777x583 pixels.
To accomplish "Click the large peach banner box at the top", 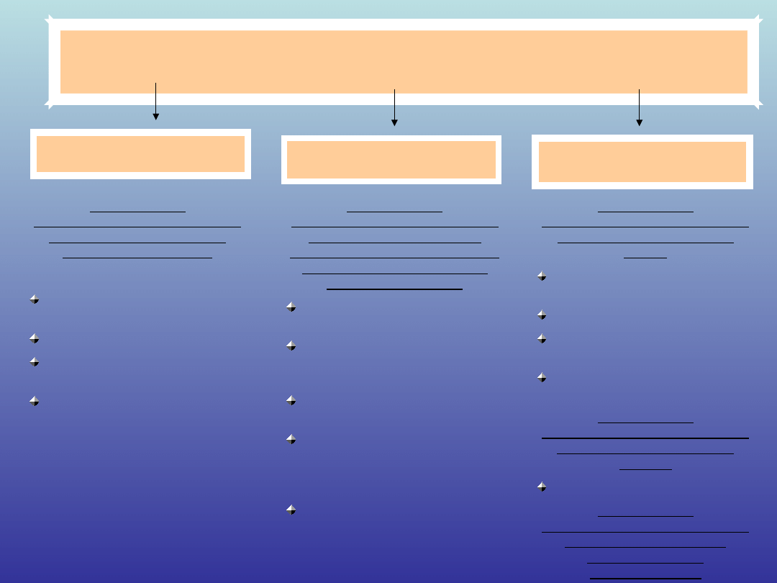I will [x=403, y=62].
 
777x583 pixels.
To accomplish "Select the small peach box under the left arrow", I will [x=140, y=154].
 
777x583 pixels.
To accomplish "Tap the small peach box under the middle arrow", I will [x=391, y=160].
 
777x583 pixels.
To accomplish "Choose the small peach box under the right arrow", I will [x=642, y=162].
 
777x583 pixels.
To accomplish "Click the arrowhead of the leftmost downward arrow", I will [x=155, y=116].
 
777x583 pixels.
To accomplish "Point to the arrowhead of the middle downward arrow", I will [x=394, y=122].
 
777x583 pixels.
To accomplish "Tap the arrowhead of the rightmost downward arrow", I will [x=639, y=122].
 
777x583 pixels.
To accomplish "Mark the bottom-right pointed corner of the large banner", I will [x=758, y=106].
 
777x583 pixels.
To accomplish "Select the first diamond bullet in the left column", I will [x=34, y=299].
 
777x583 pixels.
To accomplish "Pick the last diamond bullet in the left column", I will [x=34, y=401].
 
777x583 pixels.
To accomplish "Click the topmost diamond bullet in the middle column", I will [x=291, y=307].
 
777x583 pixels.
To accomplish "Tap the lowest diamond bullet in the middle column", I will [x=291, y=510].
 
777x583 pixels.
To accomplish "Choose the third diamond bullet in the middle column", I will [x=291, y=399].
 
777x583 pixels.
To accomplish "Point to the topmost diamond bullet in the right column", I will [x=541, y=276].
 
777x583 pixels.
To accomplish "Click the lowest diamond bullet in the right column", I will [x=541, y=487].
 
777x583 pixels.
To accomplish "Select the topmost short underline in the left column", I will [x=137, y=212].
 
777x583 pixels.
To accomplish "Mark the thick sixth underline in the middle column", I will [x=394, y=289].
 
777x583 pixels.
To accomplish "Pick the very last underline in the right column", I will [x=645, y=578].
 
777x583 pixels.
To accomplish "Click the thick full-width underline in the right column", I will [x=645, y=438].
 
